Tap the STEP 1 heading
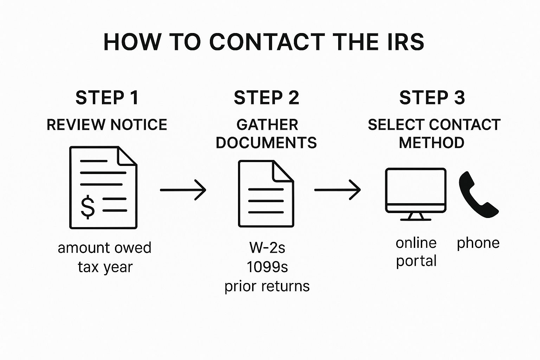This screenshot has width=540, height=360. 107,98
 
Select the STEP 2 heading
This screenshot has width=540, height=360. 266,98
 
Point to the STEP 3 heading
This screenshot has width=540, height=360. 432,98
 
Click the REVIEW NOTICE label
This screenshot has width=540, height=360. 107,125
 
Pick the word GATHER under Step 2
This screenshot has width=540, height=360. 267,125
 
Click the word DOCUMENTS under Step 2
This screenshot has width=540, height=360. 266,143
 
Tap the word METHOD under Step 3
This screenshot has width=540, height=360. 431,143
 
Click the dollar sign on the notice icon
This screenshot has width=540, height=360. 88,207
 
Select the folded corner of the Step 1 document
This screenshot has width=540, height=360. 127,156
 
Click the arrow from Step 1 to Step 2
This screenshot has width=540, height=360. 183,190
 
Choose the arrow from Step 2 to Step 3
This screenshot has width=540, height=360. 337,190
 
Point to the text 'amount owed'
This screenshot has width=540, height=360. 104,248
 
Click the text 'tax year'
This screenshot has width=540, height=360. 105,267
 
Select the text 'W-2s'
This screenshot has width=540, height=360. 267,248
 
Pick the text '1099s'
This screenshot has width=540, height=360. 267,267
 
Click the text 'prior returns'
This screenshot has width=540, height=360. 267,286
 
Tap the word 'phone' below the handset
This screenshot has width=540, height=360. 478,243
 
